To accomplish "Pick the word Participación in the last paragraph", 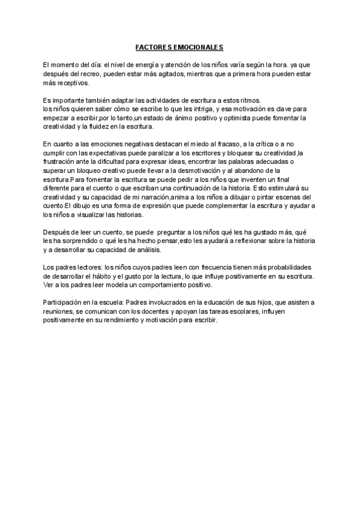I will (x=64, y=301).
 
